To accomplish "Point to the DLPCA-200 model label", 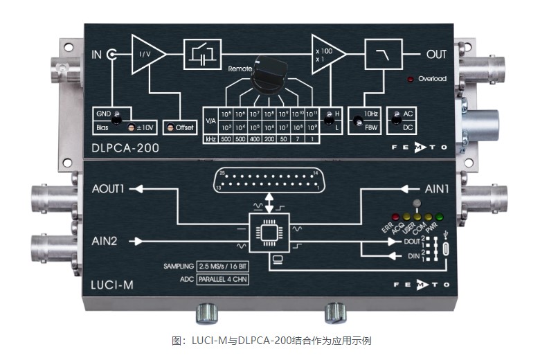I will click(128, 147).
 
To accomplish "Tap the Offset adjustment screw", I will click(169, 127).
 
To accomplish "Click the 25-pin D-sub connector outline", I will click(268, 182).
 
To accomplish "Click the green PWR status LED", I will click(439, 217).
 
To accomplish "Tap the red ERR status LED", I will click(396, 217).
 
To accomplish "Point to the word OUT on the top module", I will click(437, 53).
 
